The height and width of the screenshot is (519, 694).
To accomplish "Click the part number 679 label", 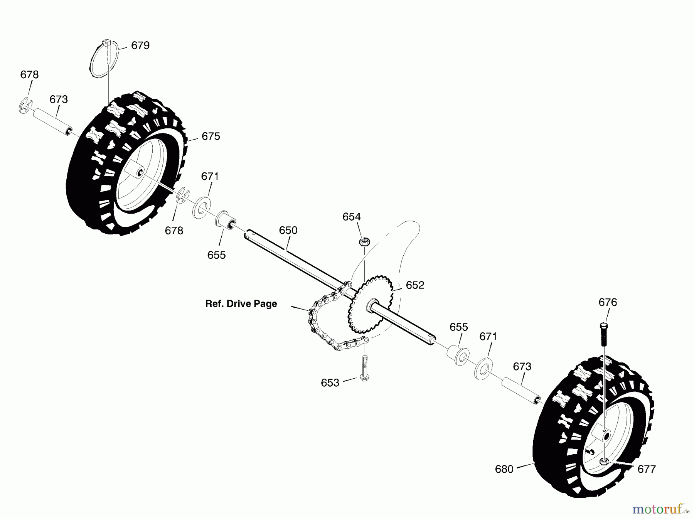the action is tap(140, 45).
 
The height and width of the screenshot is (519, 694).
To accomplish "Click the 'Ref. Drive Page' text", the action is tap(241, 304).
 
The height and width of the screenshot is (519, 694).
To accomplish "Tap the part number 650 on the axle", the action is tap(288, 231).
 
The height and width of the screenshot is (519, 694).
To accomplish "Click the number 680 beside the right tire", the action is tap(504, 469).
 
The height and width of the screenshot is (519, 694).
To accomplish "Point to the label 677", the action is tap(647, 469).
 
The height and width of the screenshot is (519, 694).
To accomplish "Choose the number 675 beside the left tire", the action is tap(211, 136).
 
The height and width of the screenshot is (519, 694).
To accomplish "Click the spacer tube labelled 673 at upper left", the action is tap(54, 122).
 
